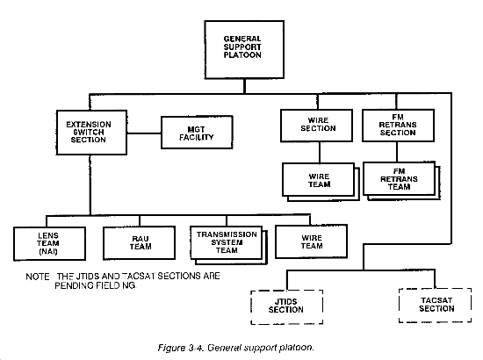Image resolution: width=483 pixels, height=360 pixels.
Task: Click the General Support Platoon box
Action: pyautogui.click(x=244, y=49)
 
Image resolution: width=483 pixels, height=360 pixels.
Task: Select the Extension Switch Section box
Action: pyautogui.click(x=91, y=133)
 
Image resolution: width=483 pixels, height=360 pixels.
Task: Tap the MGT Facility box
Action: pyautogui.click(x=197, y=133)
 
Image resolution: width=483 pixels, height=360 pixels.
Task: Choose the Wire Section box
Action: pyautogui.click(x=316, y=126)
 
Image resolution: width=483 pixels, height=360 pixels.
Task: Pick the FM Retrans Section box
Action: pyautogui.click(x=398, y=126)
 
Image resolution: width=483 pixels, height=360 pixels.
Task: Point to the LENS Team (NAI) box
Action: pyautogui.click(x=49, y=243)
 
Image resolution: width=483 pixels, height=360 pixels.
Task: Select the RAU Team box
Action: pyautogui.click(x=140, y=243)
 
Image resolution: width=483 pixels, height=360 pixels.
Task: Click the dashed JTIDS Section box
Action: pyautogui.click(x=287, y=306)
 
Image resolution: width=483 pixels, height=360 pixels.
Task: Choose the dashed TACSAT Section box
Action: pyautogui.click(x=435, y=306)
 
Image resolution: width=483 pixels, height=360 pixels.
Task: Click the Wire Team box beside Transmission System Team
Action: pyautogui.click(x=311, y=241)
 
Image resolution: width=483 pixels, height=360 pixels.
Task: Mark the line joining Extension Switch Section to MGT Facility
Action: pyautogui.click(x=144, y=133)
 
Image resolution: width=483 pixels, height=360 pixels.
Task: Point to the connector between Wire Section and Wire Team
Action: pyautogui.click(x=320, y=153)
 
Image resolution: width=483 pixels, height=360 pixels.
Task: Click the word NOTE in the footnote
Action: pyautogui.click(x=37, y=277)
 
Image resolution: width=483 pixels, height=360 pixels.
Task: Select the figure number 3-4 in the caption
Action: pyautogui.click(x=196, y=348)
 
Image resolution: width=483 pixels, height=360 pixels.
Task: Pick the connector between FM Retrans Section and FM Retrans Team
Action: pyautogui.click(x=397, y=152)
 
